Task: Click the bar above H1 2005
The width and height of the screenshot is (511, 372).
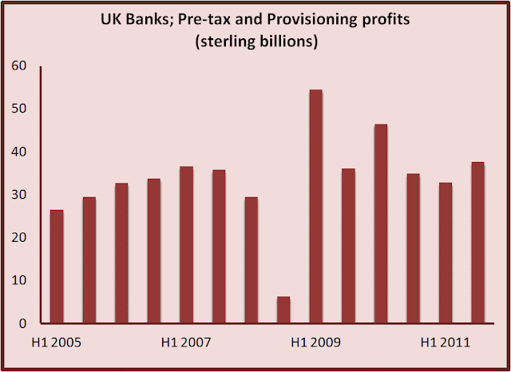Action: [x=57, y=267]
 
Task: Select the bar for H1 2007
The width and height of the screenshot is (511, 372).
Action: [x=186, y=245]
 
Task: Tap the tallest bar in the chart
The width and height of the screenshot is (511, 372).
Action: [x=316, y=207]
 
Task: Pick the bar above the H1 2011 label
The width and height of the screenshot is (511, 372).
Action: [x=446, y=253]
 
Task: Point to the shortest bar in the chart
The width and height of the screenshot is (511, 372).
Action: [x=283, y=310]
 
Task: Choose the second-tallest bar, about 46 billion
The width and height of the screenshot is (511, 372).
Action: [x=381, y=224]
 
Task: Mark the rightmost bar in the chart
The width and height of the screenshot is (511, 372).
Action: [x=477, y=243]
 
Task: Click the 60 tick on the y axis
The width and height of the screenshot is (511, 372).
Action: [x=19, y=65]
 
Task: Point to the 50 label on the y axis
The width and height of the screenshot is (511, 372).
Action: [x=19, y=109]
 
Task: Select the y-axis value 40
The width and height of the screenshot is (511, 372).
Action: [x=19, y=152]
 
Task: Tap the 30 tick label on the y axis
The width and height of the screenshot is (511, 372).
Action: [x=19, y=195]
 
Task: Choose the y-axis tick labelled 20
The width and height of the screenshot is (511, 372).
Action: [x=19, y=237]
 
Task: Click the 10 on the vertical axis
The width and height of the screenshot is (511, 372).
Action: [x=19, y=280]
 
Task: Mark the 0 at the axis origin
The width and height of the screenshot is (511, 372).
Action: [x=22, y=323]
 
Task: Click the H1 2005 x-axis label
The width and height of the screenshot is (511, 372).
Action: [x=57, y=342]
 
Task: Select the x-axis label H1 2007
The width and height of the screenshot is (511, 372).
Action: [x=186, y=342]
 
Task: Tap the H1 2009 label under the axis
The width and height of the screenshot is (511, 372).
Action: [x=316, y=342]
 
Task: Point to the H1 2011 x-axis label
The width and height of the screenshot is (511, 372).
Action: [x=446, y=342]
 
